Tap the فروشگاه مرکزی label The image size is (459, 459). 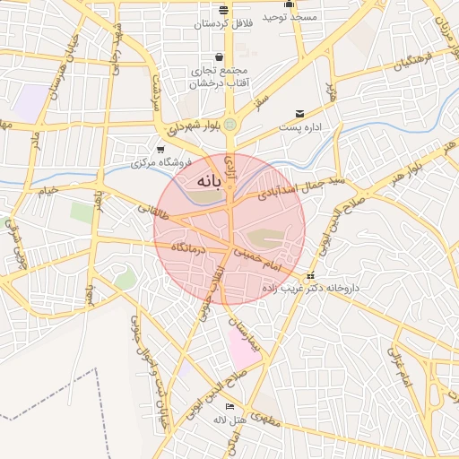coord(162,162)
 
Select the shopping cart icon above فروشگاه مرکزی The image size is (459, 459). coord(160,150)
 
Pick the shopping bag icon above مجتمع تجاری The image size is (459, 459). coord(220,57)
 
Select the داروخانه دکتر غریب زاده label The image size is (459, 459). coord(310,288)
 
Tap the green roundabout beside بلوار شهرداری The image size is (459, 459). coord(230,124)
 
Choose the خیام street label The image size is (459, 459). coord(46,189)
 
